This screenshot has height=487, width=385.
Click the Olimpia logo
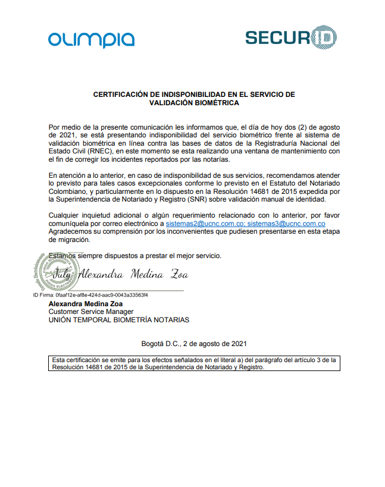[91, 39]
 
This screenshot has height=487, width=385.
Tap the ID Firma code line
[90, 295]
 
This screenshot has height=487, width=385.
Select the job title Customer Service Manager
[91, 312]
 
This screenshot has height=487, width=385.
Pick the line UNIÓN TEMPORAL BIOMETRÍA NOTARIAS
[119, 320]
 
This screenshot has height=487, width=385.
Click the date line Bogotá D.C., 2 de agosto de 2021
[193, 344]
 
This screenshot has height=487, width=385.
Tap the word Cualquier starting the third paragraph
[64, 215]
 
